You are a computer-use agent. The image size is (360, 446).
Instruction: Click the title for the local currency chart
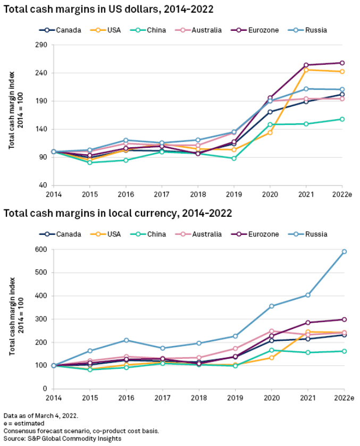[x=118, y=213]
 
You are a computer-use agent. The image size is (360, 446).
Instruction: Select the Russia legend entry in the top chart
[x=316, y=30]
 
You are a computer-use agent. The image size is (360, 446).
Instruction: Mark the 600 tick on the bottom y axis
[x=41, y=249]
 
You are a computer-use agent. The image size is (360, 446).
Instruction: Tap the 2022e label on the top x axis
[x=342, y=195]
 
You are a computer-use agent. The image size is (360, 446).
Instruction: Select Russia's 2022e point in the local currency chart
[x=344, y=251]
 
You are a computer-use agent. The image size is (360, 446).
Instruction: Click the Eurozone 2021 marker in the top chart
[x=306, y=65]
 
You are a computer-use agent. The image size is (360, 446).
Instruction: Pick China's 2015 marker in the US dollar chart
[x=89, y=162]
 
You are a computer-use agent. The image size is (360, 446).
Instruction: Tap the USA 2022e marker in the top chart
[x=342, y=71]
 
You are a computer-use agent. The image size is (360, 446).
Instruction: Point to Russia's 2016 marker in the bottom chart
[x=126, y=340]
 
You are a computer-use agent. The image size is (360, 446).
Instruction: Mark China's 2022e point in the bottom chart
[x=344, y=351]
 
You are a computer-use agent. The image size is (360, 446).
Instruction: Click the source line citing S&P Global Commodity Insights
[x=63, y=439]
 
